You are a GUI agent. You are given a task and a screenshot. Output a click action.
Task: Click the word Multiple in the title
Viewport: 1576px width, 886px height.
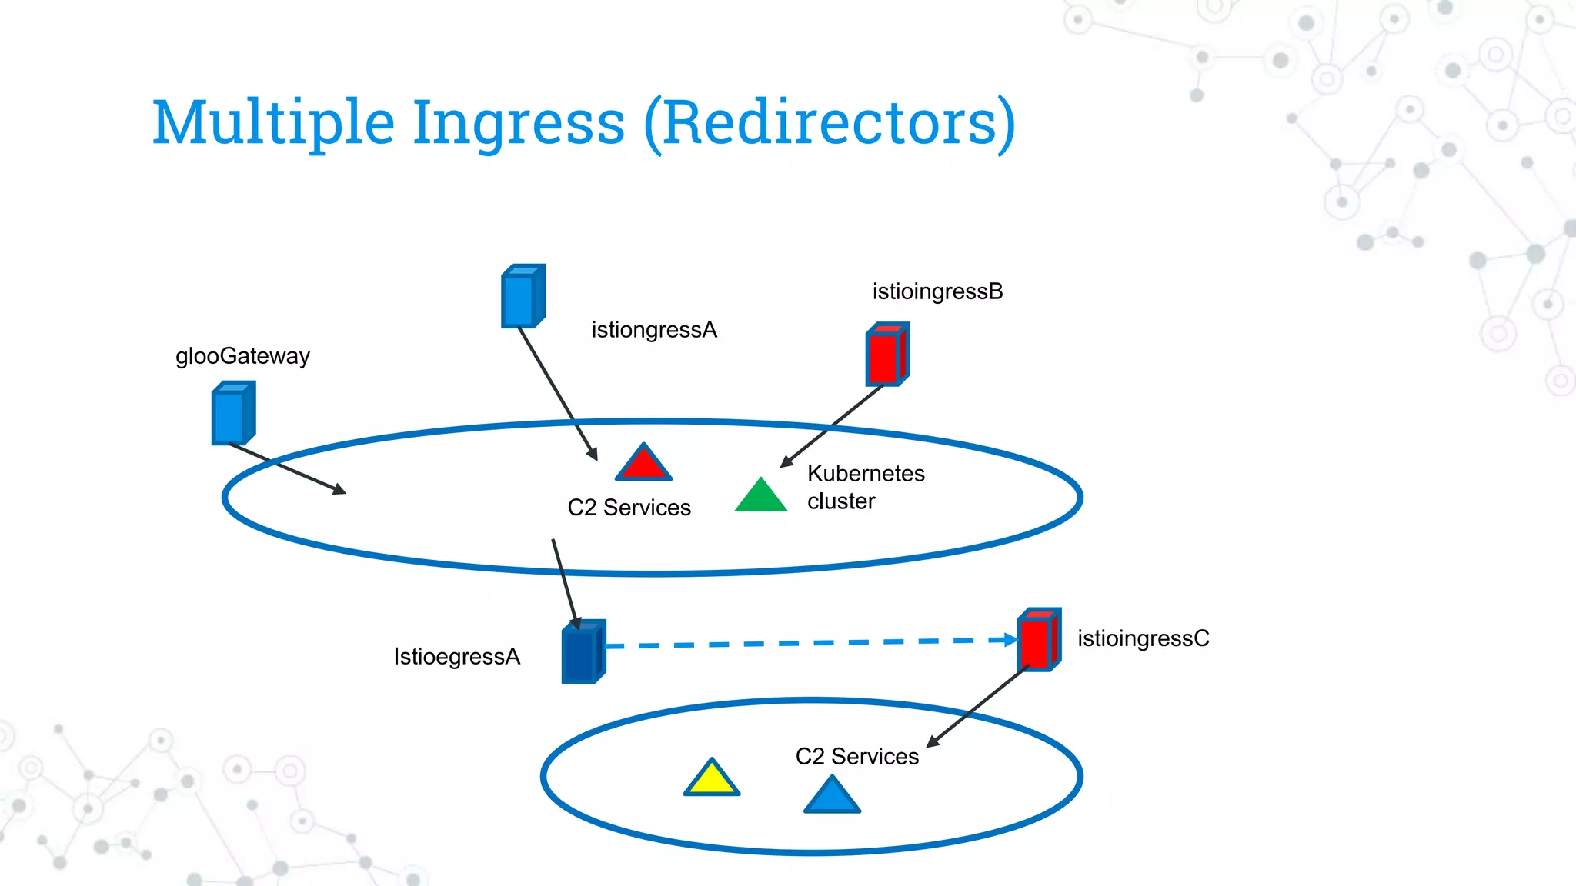[273, 123]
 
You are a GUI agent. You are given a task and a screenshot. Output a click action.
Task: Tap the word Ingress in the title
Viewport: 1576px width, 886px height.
[519, 123]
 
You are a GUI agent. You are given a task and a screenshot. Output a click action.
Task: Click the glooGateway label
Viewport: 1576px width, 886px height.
[242, 356]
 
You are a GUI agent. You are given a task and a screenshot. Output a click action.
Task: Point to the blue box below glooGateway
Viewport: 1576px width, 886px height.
[232, 414]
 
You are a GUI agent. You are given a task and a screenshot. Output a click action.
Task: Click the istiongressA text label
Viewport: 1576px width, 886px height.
[654, 330]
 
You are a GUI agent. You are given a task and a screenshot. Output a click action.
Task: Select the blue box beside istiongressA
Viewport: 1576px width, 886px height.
[523, 297]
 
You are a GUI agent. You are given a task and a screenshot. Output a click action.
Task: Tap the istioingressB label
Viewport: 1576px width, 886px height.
[937, 291]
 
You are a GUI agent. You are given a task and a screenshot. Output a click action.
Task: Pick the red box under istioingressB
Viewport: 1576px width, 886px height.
[887, 355]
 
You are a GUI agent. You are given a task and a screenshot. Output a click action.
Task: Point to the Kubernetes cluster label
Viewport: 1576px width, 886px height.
[866, 487]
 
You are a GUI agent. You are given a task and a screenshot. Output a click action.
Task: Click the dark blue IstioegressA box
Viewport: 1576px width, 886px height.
[583, 652]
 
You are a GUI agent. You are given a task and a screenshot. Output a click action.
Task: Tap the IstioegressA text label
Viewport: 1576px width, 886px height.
[457, 657]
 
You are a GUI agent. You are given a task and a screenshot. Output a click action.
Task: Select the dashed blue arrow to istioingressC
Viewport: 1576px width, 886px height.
[808, 642]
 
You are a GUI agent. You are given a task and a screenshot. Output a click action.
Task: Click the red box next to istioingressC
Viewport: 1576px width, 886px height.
[1039, 640]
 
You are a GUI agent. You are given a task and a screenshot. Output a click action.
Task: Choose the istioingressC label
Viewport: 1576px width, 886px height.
[1143, 638]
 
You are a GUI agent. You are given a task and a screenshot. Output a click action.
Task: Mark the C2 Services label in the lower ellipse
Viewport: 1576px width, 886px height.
[857, 757]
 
